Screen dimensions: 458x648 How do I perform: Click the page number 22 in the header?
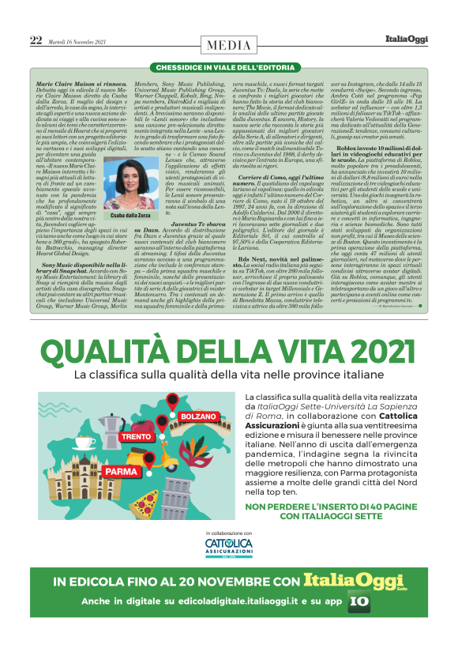pyautogui.click(x=36, y=40)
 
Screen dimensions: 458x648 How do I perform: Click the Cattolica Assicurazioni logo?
pyautogui.click(x=229, y=548)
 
